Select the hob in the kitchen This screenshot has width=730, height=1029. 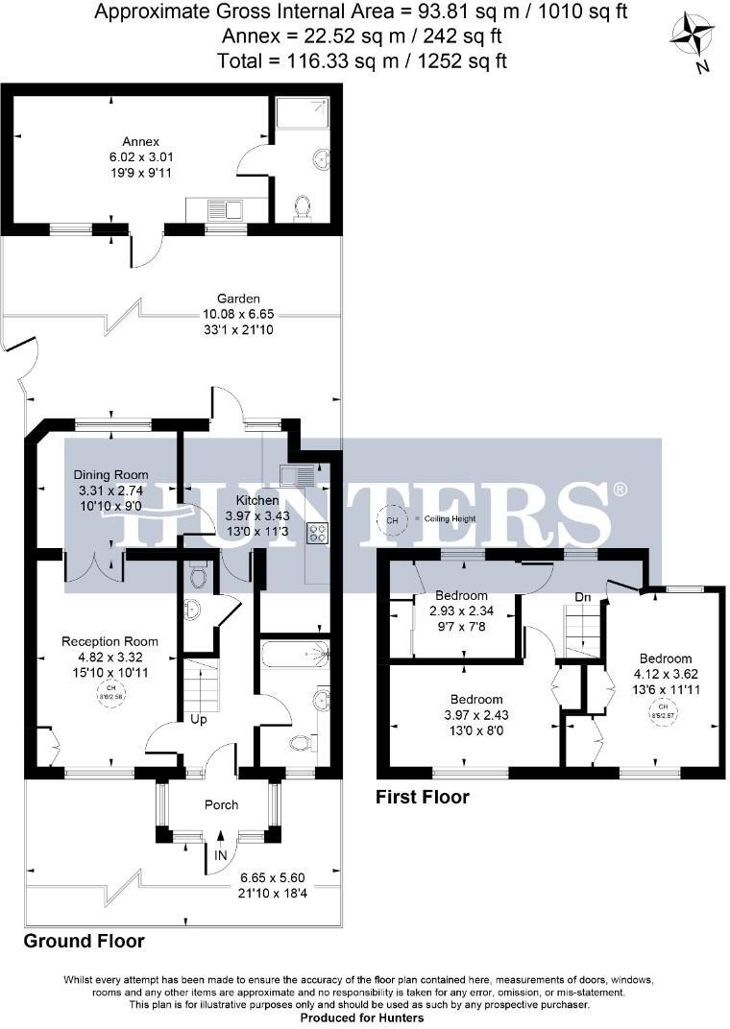(x=317, y=533)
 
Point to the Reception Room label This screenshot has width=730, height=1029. (x=109, y=641)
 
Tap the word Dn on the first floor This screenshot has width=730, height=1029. (x=582, y=597)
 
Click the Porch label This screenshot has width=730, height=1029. (x=221, y=804)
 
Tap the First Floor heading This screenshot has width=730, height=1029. (x=422, y=798)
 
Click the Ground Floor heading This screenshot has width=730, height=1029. (x=84, y=941)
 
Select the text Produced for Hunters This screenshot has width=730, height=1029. (x=365, y=1017)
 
